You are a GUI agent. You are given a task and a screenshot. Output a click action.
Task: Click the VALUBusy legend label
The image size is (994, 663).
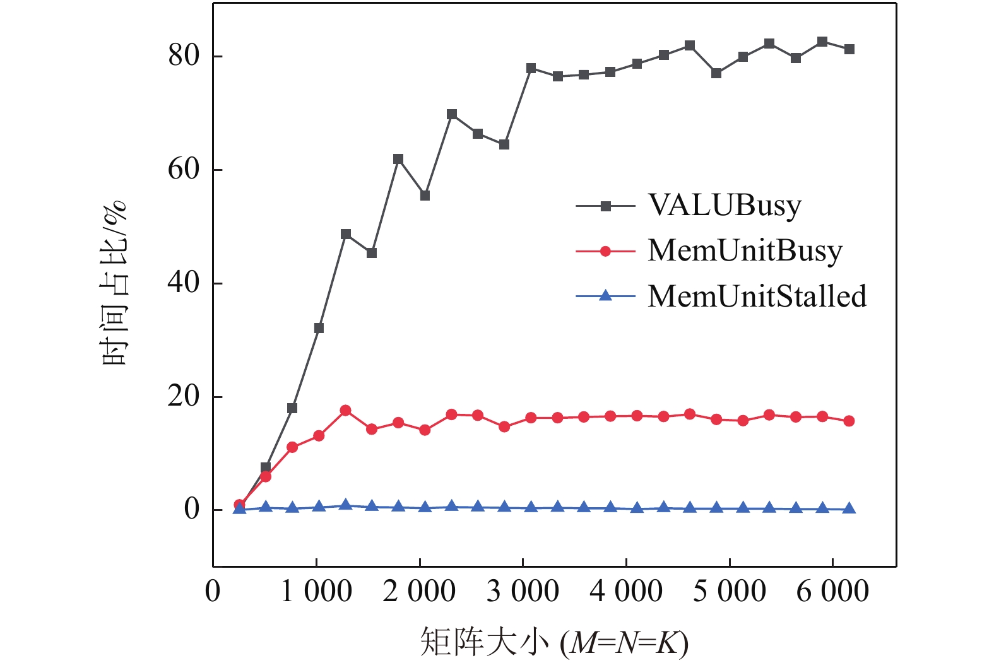pyautogui.click(x=725, y=206)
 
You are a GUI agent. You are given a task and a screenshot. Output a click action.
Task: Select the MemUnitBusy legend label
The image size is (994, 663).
pyautogui.click(x=745, y=251)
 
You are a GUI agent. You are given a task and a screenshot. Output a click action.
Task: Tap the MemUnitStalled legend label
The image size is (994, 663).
pyautogui.click(x=757, y=296)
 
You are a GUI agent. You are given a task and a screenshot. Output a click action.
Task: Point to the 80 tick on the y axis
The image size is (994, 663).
pyautogui.click(x=184, y=56)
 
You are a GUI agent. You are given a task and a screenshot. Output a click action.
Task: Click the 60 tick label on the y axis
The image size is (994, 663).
pyautogui.click(x=184, y=170)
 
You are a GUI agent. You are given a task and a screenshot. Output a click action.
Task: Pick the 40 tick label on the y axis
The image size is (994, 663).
pyautogui.click(x=184, y=283)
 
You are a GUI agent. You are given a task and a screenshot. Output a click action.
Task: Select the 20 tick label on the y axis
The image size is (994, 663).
pyautogui.click(x=184, y=397)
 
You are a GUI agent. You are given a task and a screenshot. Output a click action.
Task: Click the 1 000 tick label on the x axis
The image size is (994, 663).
pyautogui.click(x=316, y=592)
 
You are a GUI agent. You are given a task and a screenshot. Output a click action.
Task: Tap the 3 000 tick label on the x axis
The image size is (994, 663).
pyautogui.click(x=523, y=592)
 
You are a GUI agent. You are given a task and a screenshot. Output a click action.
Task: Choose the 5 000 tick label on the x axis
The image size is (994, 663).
pyautogui.click(x=730, y=592)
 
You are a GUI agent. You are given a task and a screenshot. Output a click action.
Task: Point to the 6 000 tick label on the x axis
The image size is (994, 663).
pyautogui.click(x=832, y=592)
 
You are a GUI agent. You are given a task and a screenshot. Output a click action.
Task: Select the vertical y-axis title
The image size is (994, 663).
pyautogui.click(x=114, y=283)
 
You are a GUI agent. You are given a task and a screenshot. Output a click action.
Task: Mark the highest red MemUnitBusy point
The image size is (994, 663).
pyautogui.click(x=345, y=411)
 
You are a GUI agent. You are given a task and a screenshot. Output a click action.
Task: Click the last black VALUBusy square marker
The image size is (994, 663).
pyautogui.click(x=849, y=49)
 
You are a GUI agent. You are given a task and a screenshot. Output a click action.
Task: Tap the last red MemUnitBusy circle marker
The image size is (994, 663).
pyautogui.click(x=849, y=421)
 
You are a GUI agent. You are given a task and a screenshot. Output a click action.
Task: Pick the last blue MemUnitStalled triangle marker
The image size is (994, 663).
pyautogui.click(x=849, y=508)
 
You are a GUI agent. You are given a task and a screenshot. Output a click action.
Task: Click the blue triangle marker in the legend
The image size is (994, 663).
pyautogui.click(x=605, y=296)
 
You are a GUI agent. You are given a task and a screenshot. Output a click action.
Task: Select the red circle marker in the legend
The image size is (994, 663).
pyautogui.click(x=605, y=251)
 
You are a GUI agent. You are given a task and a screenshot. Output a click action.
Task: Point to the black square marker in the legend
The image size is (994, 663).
pyautogui.click(x=605, y=206)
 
